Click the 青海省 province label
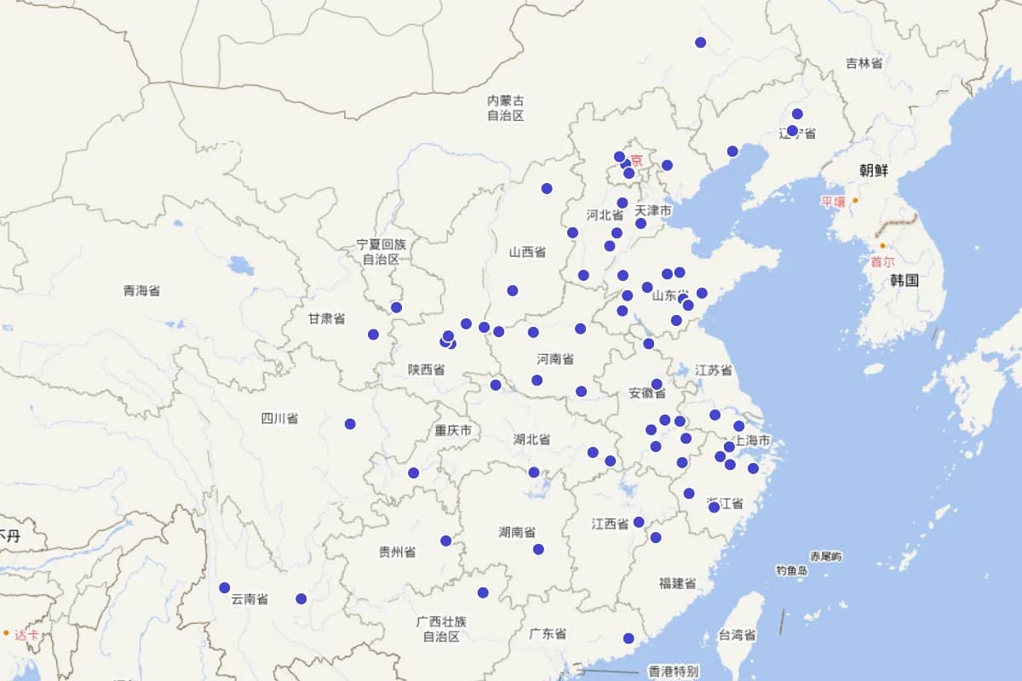(141, 291)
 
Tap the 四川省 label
(279, 419)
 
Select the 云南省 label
(250, 599)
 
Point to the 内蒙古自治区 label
(505, 108)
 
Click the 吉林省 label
(864, 63)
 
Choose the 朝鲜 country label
(873, 170)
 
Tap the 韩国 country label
(904, 280)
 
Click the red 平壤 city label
(832, 202)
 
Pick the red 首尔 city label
(882, 263)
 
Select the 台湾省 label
(737, 635)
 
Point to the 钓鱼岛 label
(791, 570)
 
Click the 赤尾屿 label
(826, 557)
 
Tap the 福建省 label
(677, 584)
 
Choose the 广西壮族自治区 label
(441, 629)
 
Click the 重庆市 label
(453, 431)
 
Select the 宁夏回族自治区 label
(382, 252)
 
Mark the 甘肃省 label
(326, 318)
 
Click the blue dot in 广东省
(629, 638)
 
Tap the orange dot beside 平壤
(855, 201)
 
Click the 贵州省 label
(397, 552)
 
